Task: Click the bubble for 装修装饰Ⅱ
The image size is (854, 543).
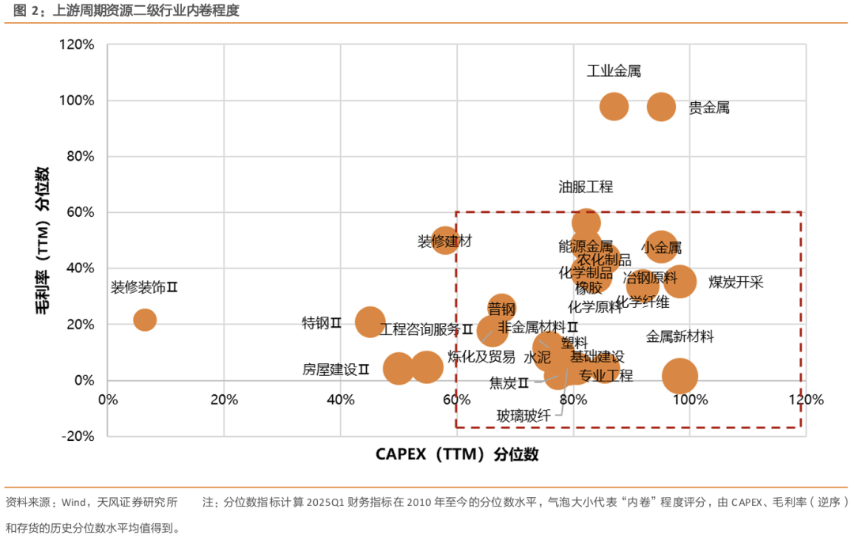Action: [145, 320]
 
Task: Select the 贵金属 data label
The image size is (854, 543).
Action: [709, 108]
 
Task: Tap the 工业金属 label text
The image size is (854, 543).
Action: [614, 71]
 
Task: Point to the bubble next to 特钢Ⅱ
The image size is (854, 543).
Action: [370, 322]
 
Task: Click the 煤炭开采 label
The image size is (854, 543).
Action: [735, 283]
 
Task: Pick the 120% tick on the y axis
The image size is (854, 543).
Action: [77, 45]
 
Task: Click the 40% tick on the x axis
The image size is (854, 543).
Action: [340, 399]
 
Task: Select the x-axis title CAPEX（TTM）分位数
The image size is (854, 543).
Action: [456, 454]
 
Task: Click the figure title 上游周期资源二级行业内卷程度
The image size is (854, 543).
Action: [146, 10]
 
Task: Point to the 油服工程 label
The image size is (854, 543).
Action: [585, 188]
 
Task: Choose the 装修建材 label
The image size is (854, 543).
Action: [444, 241]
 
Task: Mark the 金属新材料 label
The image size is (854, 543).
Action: [680, 337]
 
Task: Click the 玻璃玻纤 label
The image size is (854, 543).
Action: [523, 416]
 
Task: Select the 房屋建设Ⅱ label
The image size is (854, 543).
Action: [336, 370]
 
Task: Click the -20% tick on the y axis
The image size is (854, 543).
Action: [77, 436]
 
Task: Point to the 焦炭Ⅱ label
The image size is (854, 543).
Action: [509, 384]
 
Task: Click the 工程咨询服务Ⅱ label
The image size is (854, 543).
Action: [426, 329]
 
